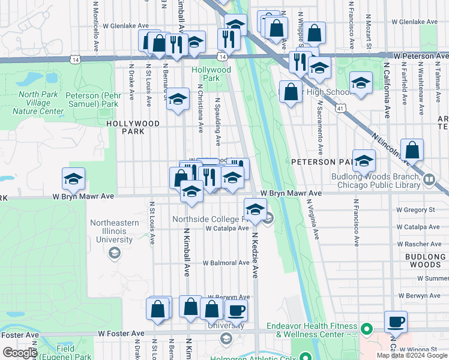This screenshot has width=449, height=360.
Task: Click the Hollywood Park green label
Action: (x=212, y=74)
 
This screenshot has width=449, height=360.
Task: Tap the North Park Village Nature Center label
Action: (x=41, y=103)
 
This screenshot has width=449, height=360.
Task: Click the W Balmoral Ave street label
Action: (x=226, y=263)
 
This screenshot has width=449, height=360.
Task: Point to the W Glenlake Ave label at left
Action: (x=125, y=26)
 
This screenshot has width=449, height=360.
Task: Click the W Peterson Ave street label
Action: (x=421, y=55)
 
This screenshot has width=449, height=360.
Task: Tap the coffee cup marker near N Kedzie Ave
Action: (x=236, y=311)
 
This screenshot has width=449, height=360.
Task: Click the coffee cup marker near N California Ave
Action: (x=396, y=322)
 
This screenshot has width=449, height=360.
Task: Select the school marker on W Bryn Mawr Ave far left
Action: (x=73, y=179)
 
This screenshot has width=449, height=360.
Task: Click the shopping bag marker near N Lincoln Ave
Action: (x=412, y=150)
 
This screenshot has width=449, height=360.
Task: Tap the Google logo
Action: (x=19, y=353)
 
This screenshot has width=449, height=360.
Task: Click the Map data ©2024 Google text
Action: (x=412, y=355)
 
